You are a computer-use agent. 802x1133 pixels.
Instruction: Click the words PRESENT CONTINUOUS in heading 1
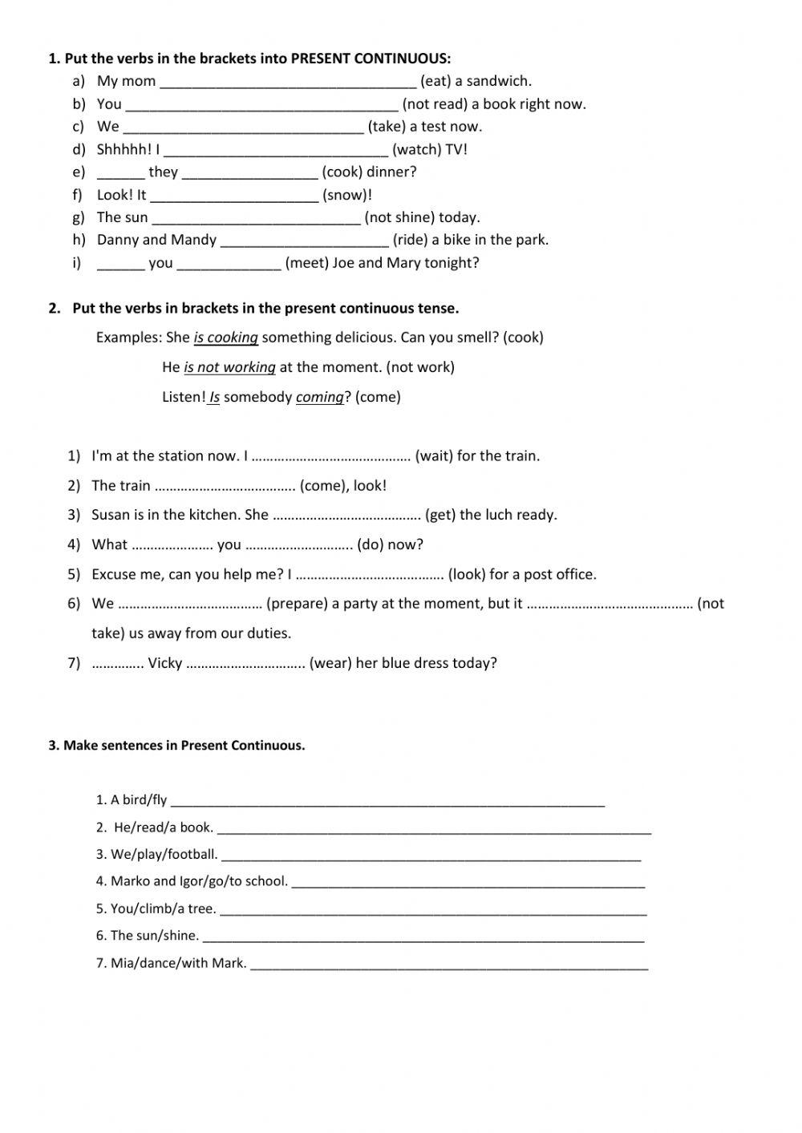pyautogui.click(x=371, y=59)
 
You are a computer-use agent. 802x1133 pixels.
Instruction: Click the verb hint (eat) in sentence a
pyautogui.click(x=435, y=81)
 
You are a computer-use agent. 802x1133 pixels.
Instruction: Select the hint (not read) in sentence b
pyautogui.click(x=435, y=104)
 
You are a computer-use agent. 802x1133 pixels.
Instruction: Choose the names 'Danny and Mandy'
pyautogui.click(x=156, y=240)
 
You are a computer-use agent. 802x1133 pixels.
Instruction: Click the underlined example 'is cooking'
pyautogui.click(x=225, y=338)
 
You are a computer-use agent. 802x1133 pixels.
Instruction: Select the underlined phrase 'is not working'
pyautogui.click(x=229, y=367)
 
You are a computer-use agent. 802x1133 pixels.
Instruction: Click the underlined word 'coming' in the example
pyautogui.click(x=319, y=397)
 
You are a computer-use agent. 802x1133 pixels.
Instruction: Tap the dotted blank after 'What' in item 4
pyautogui.click(x=172, y=546)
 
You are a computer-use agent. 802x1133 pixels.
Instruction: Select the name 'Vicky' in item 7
pyautogui.click(x=165, y=663)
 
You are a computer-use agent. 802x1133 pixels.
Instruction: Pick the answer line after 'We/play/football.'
pyautogui.click(x=431, y=857)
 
